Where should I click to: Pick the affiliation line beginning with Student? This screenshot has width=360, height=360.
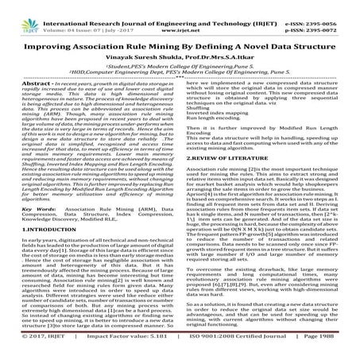(x=180, y=48)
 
